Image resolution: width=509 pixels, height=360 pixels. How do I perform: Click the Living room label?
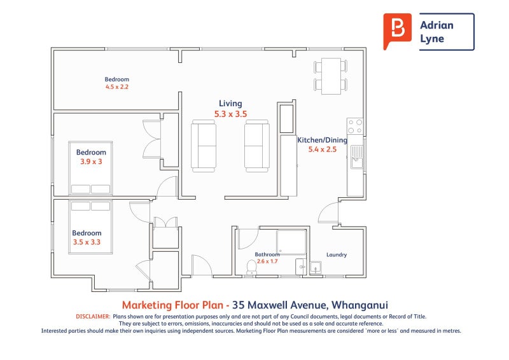230,104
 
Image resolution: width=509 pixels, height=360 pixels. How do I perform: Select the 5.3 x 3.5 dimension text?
230,114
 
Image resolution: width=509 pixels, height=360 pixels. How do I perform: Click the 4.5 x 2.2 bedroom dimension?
117,87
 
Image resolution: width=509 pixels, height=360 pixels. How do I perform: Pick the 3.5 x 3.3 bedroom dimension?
87,242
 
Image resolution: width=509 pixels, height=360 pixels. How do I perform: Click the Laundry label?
337,255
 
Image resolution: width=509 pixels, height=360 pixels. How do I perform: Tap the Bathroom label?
267,254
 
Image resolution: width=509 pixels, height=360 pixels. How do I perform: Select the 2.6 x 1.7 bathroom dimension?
267,261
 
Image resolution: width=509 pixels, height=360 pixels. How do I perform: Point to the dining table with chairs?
330,75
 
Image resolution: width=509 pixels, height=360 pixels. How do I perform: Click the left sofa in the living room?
204,146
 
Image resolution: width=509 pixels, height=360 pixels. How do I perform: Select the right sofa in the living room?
257,146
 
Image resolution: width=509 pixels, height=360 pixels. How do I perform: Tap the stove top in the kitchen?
355,126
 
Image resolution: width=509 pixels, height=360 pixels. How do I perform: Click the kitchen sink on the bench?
356,156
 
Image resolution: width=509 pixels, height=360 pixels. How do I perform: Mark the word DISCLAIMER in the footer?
93,316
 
